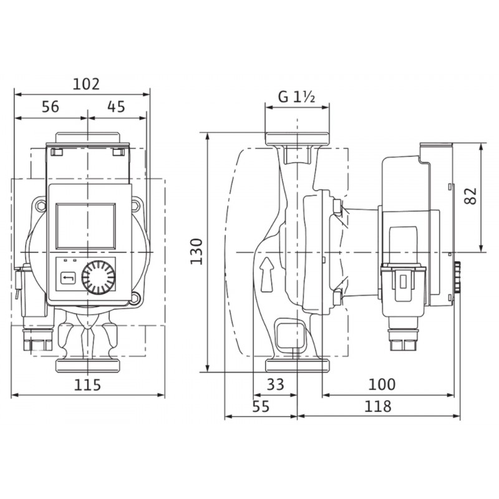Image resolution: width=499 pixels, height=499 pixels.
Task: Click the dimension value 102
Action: pyautogui.click(x=86, y=84)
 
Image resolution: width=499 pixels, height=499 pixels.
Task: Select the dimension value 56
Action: pyautogui.click(x=51, y=107)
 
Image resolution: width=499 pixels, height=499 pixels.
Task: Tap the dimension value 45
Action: pyautogui.click(x=116, y=107)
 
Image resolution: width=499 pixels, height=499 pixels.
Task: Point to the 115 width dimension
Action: pyautogui.click(x=87, y=384)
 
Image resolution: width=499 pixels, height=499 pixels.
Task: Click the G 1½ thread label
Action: pyautogui.click(x=297, y=97)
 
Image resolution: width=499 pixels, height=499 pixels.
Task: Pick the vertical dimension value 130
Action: pyautogui.click(x=196, y=251)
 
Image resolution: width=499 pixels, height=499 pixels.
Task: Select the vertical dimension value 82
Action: pyautogui.click(x=471, y=196)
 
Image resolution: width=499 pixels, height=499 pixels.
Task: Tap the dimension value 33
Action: pyautogui.click(x=275, y=384)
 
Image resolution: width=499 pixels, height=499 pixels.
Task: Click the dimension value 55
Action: pyautogui.click(x=261, y=407)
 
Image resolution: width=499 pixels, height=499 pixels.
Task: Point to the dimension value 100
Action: pyautogui.click(x=382, y=384)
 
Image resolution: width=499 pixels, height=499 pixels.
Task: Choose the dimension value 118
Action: pyautogui.click(x=377, y=407)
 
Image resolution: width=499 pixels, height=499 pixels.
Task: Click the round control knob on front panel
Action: pyautogui.click(x=99, y=278)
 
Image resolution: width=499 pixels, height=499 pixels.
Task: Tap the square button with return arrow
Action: pyautogui.click(x=68, y=278)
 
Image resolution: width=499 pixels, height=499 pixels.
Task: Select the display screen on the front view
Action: pyautogui.click(x=85, y=226)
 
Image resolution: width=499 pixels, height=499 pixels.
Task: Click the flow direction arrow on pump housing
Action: pyautogui.click(x=267, y=274)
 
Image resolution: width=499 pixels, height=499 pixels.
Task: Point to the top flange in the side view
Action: pyautogui.click(x=297, y=139)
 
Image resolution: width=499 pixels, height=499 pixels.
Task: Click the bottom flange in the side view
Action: pyautogui.click(x=298, y=366)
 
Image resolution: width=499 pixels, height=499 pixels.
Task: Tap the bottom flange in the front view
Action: pyautogui.click(x=87, y=366)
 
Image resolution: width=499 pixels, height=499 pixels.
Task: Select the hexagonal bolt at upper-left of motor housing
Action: pyautogui.click(x=41, y=206)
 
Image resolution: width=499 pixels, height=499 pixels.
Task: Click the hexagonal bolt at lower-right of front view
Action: pyautogui.click(x=135, y=298)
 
